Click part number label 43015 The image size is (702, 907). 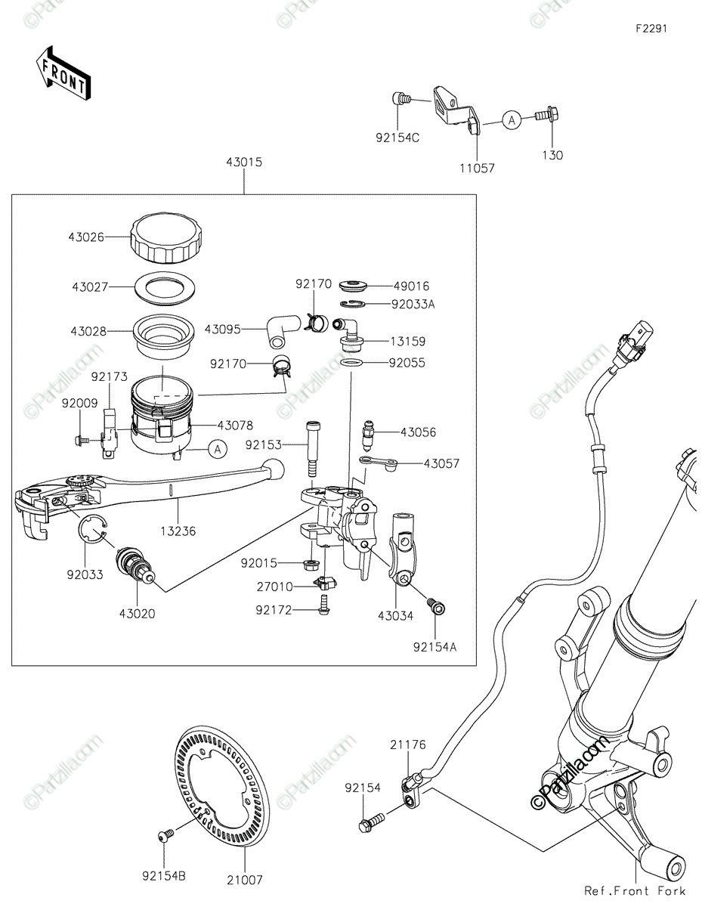(x=243, y=162)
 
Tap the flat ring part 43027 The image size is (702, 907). (x=166, y=287)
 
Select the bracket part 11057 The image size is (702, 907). (x=455, y=110)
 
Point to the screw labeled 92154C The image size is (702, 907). (x=401, y=98)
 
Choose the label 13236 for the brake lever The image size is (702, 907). (x=178, y=531)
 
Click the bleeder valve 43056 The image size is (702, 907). (x=370, y=433)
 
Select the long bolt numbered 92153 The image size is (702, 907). (x=311, y=447)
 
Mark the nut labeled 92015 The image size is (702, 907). (x=308, y=563)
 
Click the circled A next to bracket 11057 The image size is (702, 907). (x=512, y=119)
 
